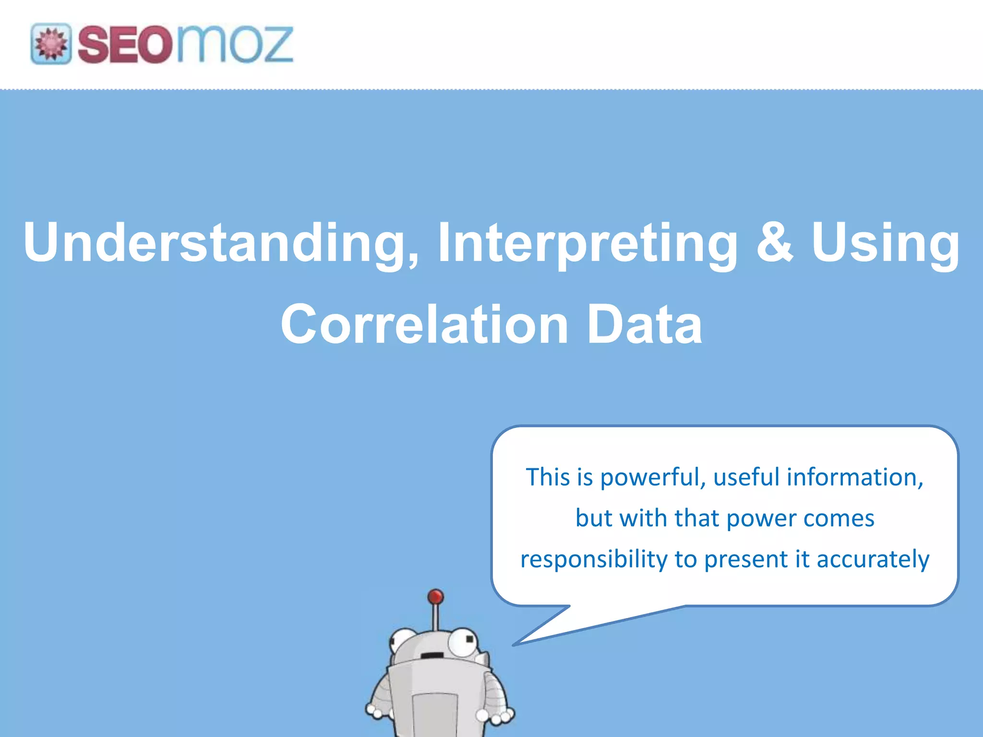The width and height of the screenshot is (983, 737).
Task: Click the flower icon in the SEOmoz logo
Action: pos(51,44)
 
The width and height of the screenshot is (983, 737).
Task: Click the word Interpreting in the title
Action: pos(587,243)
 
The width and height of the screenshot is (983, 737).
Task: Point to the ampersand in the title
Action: pos(774,242)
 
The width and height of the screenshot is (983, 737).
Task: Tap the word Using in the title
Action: pos(886,243)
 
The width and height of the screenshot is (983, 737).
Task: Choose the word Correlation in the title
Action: pos(425,325)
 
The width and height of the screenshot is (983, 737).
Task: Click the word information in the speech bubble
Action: pos(855,477)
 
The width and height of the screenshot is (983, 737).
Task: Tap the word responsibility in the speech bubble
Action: pos(594,559)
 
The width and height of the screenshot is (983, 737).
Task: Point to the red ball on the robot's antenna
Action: pos(435,597)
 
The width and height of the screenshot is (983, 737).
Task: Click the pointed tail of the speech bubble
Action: pos(523,641)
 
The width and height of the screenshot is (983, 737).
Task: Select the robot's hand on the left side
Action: pos(374,710)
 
